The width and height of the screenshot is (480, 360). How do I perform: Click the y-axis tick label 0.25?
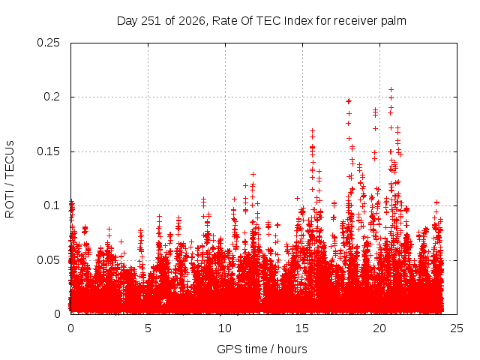point(48,43)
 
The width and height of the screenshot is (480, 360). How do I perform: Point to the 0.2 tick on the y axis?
point(52,97)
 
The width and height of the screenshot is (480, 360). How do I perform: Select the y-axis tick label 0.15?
point(48,151)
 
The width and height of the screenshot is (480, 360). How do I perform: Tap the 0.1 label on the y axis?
point(52,205)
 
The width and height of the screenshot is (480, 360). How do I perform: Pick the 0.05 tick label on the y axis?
point(48,260)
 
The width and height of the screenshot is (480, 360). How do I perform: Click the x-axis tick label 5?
point(148,328)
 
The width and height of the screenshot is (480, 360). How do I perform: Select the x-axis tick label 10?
point(225,328)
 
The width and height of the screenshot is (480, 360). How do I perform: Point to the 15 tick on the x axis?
point(302,328)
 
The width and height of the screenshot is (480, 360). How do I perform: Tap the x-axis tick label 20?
point(379,328)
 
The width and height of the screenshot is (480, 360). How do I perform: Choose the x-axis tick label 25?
point(457,328)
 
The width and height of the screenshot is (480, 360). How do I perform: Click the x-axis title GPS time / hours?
point(262,349)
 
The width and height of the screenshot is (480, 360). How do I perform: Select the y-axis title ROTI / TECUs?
point(10,179)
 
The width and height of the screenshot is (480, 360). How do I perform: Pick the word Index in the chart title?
point(298,21)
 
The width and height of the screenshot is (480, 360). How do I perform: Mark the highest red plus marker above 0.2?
point(391,89)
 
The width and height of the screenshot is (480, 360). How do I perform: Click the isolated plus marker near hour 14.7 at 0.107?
point(297,198)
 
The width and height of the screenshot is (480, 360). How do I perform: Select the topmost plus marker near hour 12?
point(253,174)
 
